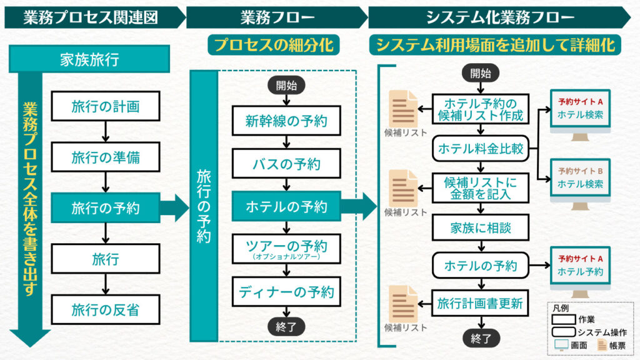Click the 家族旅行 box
click(89, 59)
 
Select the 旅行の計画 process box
click(105, 106)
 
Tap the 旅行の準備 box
click(105, 157)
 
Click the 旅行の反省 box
click(105, 309)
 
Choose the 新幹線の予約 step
click(286, 121)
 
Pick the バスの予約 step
click(286, 164)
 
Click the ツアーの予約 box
click(286, 247)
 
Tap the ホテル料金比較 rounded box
click(481, 149)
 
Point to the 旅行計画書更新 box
click(481, 304)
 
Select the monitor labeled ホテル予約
click(580, 265)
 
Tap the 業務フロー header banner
click(276, 17)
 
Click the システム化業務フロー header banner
click(500, 17)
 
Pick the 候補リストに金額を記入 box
click(481, 187)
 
